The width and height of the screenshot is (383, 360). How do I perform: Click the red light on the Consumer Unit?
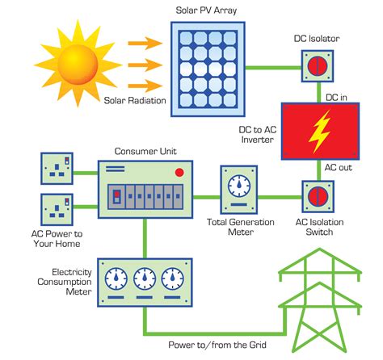tap(179, 172)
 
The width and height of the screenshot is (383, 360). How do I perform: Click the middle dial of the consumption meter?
tap(145, 279)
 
